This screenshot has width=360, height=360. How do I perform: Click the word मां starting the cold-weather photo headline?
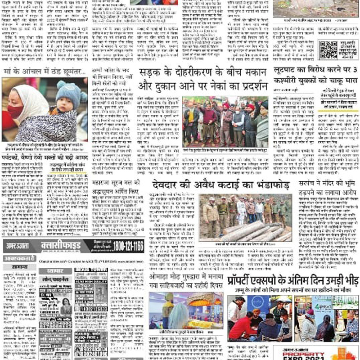point(8,72)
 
